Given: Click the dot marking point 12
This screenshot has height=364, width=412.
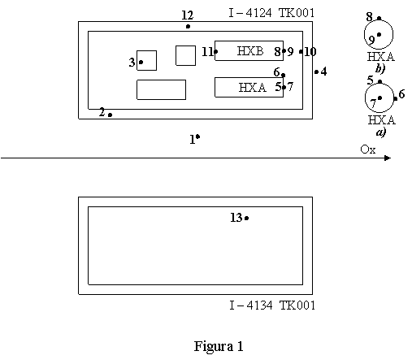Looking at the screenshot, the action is [188, 26].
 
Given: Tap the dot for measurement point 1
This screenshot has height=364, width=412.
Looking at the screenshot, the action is [197, 136].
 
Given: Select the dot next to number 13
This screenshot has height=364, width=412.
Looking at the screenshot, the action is [246, 218].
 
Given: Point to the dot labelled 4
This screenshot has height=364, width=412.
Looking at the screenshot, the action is [316, 72].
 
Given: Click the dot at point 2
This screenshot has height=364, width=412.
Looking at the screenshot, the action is [110, 115].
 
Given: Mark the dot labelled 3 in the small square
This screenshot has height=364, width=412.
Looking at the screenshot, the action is [141, 63].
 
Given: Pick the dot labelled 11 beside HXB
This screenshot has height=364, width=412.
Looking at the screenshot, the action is [215, 51].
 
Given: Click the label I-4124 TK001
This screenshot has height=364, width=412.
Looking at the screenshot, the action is [271, 13].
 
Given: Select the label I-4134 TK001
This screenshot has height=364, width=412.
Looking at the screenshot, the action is [272, 305].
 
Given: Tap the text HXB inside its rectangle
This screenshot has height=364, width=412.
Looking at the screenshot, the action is [250, 51].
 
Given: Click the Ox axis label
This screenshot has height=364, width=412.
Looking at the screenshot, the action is [368, 149].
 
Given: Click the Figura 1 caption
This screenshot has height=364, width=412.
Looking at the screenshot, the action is [219, 346].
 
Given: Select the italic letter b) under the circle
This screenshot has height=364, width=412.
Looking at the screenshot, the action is [380, 68].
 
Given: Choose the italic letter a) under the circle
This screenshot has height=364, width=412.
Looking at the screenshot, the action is [380, 132].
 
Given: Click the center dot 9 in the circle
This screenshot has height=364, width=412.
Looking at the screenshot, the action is [379, 34].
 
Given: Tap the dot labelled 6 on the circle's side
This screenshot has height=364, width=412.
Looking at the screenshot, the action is [396, 99].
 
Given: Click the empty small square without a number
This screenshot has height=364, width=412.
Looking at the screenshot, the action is [185, 55].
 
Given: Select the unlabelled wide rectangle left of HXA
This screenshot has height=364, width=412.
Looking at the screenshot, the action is [161, 89].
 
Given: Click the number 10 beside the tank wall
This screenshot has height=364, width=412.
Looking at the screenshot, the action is [310, 51].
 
